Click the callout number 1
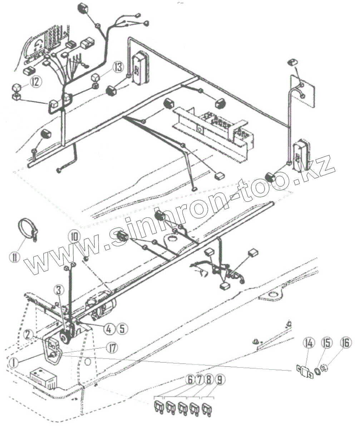pyautogui.click(x=14, y=363)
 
